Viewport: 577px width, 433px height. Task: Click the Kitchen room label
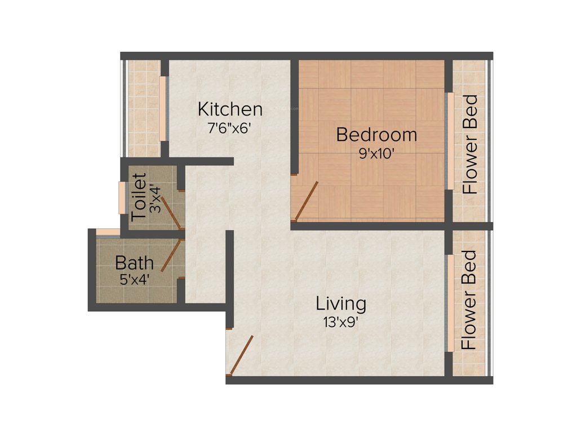point(230,108)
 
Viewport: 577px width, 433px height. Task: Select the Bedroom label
point(376,135)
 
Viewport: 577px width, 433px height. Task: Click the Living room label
point(340,304)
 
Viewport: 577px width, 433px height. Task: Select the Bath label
point(134,263)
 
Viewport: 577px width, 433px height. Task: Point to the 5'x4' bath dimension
point(134,279)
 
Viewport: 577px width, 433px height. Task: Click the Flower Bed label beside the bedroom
point(470,144)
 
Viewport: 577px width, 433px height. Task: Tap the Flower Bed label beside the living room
point(469,300)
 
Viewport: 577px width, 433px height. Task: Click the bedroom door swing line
point(307,200)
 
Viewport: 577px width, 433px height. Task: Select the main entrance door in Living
point(241,355)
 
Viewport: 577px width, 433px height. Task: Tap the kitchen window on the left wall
point(163,108)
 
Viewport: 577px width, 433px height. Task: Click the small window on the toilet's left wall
point(122,197)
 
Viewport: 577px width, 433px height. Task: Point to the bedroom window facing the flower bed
point(449,141)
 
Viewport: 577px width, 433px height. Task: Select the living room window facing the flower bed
point(450,303)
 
